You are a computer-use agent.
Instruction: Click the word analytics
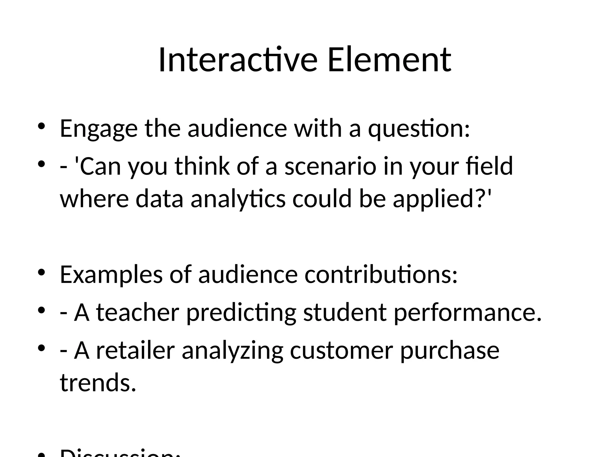pyautogui.click(x=238, y=199)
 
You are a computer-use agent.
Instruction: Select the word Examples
pyautogui.click(x=111, y=274)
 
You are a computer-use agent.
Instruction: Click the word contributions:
pyautogui.click(x=381, y=274)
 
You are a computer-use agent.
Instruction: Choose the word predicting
pyautogui.click(x=241, y=313)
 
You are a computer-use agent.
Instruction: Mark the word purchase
pyautogui.click(x=449, y=350)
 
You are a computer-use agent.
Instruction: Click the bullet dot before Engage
pyautogui.click(x=41, y=126)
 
